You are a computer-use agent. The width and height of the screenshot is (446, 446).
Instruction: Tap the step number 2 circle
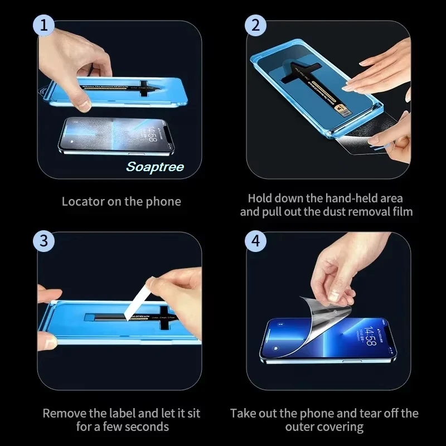tap(256, 25)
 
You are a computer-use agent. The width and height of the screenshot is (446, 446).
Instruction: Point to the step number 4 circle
tap(256, 241)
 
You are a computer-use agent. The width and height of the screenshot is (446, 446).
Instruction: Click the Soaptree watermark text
tap(155, 167)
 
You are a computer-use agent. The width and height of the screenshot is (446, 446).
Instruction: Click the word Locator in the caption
tap(82, 201)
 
